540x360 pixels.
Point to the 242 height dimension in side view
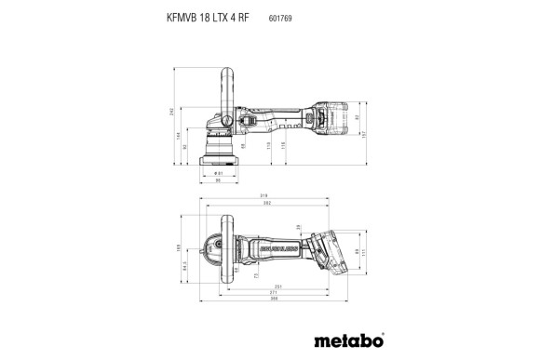tap(171, 111)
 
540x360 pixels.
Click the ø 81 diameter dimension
tap(218, 173)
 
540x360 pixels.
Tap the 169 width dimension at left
tap(181, 247)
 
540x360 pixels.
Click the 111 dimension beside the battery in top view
tap(364, 250)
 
